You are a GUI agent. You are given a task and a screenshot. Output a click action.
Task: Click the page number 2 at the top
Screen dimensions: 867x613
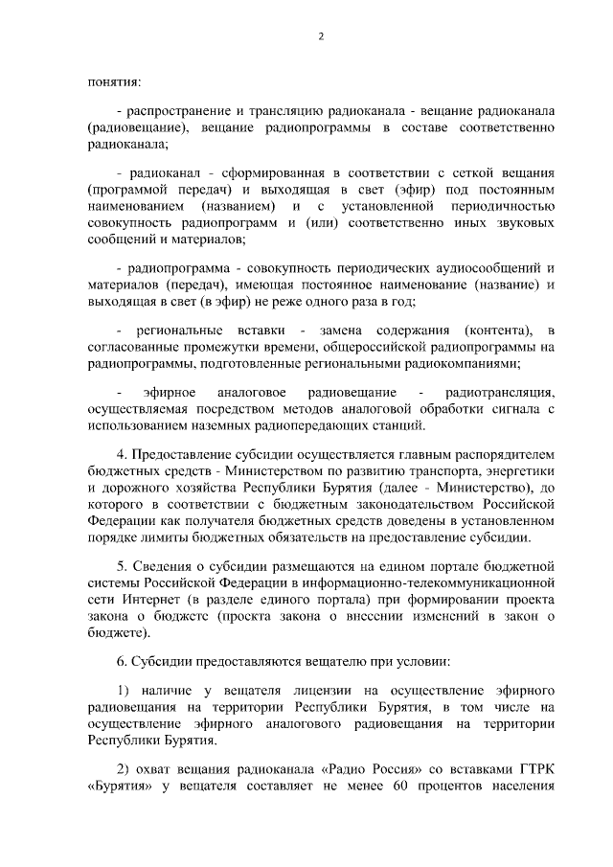tap(322, 37)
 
